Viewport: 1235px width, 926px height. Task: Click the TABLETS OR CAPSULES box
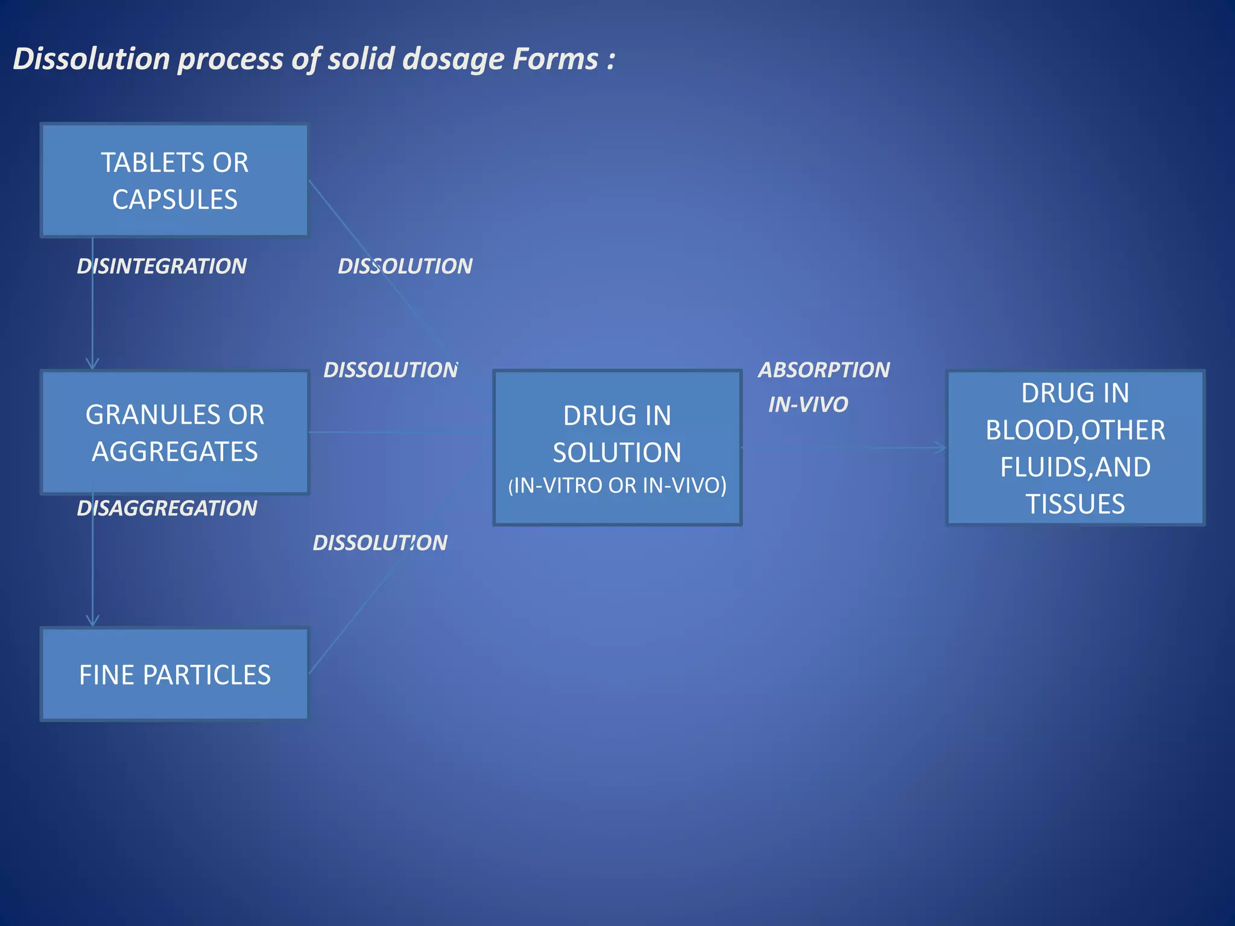[x=174, y=180]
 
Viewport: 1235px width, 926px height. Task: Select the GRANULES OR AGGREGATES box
[x=174, y=432]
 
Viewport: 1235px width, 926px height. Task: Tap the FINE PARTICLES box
[x=174, y=674]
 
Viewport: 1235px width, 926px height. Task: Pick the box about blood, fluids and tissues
[x=1075, y=447]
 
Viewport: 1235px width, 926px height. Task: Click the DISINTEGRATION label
[x=162, y=266]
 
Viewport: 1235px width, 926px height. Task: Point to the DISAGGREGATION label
[x=167, y=508]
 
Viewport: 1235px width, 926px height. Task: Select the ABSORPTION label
[x=824, y=370]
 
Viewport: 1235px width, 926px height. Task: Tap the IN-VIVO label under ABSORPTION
[x=808, y=405]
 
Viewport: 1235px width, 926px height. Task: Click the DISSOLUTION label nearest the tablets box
[x=405, y=266]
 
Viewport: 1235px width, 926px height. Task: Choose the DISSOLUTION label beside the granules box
[x=391, y=370]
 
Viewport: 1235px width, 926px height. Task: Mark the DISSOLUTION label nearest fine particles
[x=380, y=543]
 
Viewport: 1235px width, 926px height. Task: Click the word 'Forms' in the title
[x=555, y=59]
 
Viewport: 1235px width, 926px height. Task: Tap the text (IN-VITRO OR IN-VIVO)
[x=617, y=485]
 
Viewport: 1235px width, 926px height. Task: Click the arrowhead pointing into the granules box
[x=92, y=364]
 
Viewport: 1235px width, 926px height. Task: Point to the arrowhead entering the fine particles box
[x=92, y=621]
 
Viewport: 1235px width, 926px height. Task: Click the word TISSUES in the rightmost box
[x=1075, y=504]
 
